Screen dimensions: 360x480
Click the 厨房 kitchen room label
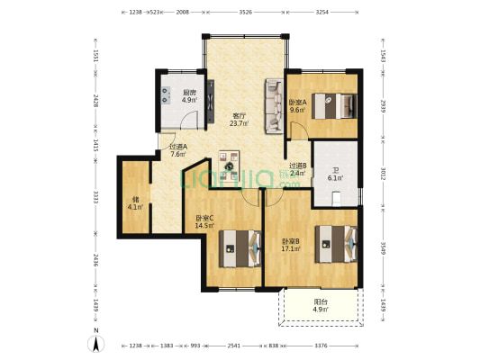189,96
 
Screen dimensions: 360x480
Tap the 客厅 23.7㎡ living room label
240,120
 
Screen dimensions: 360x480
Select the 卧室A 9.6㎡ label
297,105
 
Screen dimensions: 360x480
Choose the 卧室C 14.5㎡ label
204,221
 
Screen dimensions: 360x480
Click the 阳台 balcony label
321,306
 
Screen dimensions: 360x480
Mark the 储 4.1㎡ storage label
135,203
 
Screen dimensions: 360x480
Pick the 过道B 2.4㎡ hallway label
298,169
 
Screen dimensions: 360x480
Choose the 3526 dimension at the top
245,13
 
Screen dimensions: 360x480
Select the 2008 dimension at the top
182,13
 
